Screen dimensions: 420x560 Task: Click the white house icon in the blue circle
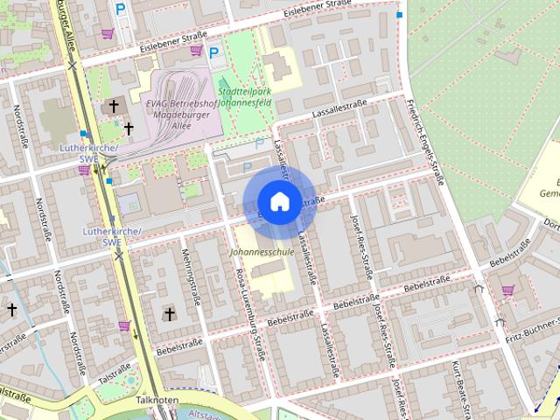(x=279, y=200)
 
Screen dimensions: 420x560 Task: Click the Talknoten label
(x=158, y=399)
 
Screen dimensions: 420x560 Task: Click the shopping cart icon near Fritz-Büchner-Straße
(x=507, y=290)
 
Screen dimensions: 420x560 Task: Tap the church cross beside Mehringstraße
(x=170, y=314)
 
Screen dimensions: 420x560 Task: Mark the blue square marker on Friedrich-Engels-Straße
(x=399, y=15)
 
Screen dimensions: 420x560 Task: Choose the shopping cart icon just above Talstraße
(x=124, y=326)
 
